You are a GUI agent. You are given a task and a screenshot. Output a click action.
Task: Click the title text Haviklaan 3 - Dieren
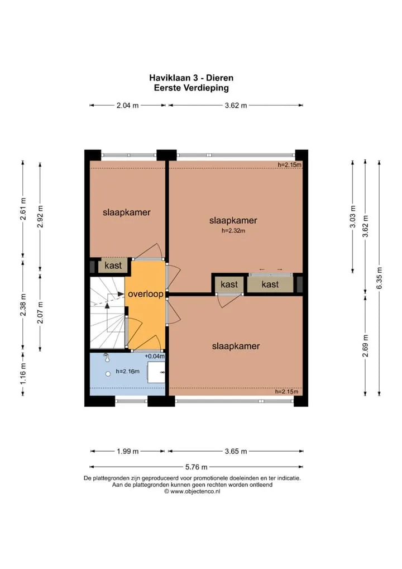click(x=191, y=78)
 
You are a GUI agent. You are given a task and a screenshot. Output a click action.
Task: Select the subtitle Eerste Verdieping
click(x=191, y=88)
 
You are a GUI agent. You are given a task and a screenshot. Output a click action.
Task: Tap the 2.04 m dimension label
click(x=128, y=106)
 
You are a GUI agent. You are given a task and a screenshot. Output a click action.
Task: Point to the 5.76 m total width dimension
click(x=197, y=467)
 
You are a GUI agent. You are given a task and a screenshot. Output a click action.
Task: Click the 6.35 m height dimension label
click(x=380, y=278)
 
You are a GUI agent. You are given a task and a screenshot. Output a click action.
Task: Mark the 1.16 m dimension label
click(x=23, y=373)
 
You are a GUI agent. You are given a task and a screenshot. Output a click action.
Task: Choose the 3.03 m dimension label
click(x=353, y=217)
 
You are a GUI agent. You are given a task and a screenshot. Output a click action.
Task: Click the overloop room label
click(x=146, y=294)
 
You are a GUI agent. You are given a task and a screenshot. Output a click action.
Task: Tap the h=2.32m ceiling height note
click(x=233, y=230)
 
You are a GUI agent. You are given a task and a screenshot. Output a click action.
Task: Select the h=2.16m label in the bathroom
click(x=128, y=371)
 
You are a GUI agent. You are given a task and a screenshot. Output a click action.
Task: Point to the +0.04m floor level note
click(x=155, y=357)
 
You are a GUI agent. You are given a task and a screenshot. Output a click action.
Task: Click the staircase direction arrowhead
click(x=107, y=305)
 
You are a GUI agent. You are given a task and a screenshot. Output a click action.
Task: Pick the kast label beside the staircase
click(x=113, y=265)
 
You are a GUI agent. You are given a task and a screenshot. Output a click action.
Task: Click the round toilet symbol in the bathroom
click(x=108, y=374)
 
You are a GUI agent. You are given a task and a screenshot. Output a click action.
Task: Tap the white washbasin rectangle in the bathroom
click(x=156, y=372)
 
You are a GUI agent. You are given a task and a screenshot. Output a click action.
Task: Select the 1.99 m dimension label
click(x=128, y=452)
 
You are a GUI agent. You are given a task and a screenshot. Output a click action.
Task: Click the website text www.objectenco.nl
click(x=195, y=491)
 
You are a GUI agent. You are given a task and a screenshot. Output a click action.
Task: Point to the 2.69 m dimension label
click(x=365, y=345)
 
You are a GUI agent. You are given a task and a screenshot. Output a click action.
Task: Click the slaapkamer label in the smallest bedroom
click(x=127, y=212)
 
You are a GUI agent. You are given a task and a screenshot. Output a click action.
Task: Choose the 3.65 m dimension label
click(x=236, y=452)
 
